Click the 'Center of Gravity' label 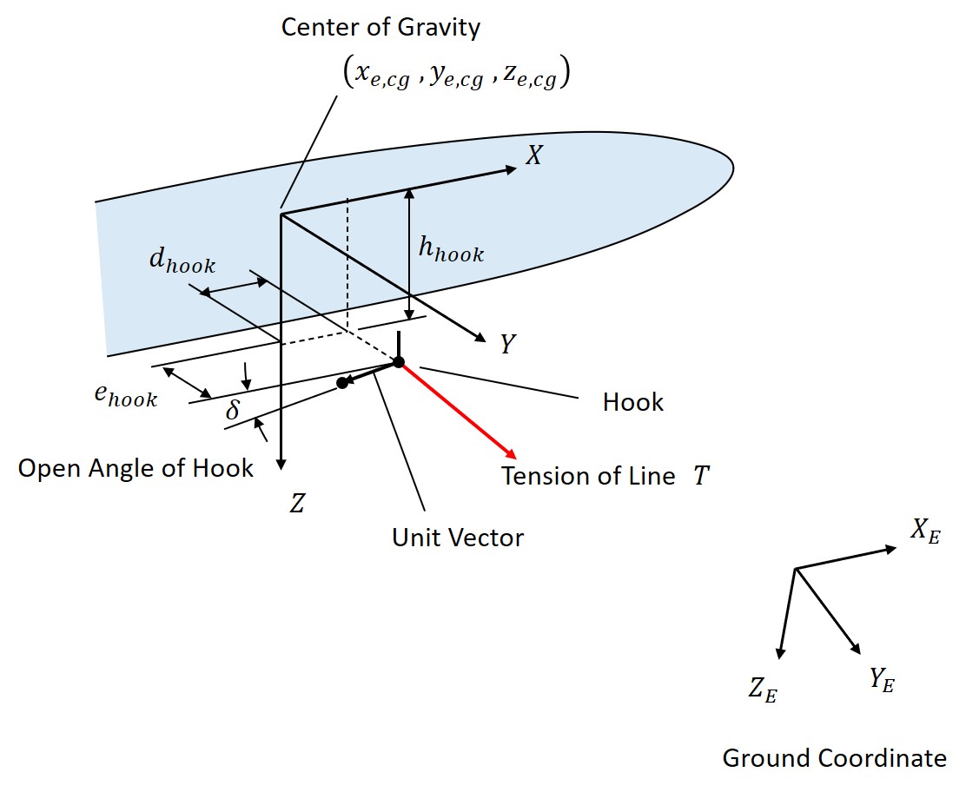(x=380, y=28)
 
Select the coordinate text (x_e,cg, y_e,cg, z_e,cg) (x=457, y=76)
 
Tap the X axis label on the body (x=534, y=157)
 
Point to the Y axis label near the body (x=508, y=345)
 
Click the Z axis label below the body (x=297, y=504)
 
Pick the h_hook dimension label (x=451, y=250)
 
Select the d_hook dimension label (x=182, y=263)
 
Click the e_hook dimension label (x=126, y=395)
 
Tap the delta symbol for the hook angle (x=232, y=410)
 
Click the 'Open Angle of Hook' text (x=136, y=468)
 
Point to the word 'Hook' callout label (x=632, y=402)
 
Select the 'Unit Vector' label (x=458, y=538)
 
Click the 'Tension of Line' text (x=588, y=476)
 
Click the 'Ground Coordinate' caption (x=834, y=758)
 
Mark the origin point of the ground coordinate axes (x=796, y=569)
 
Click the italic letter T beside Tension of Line (x=700, y=476)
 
